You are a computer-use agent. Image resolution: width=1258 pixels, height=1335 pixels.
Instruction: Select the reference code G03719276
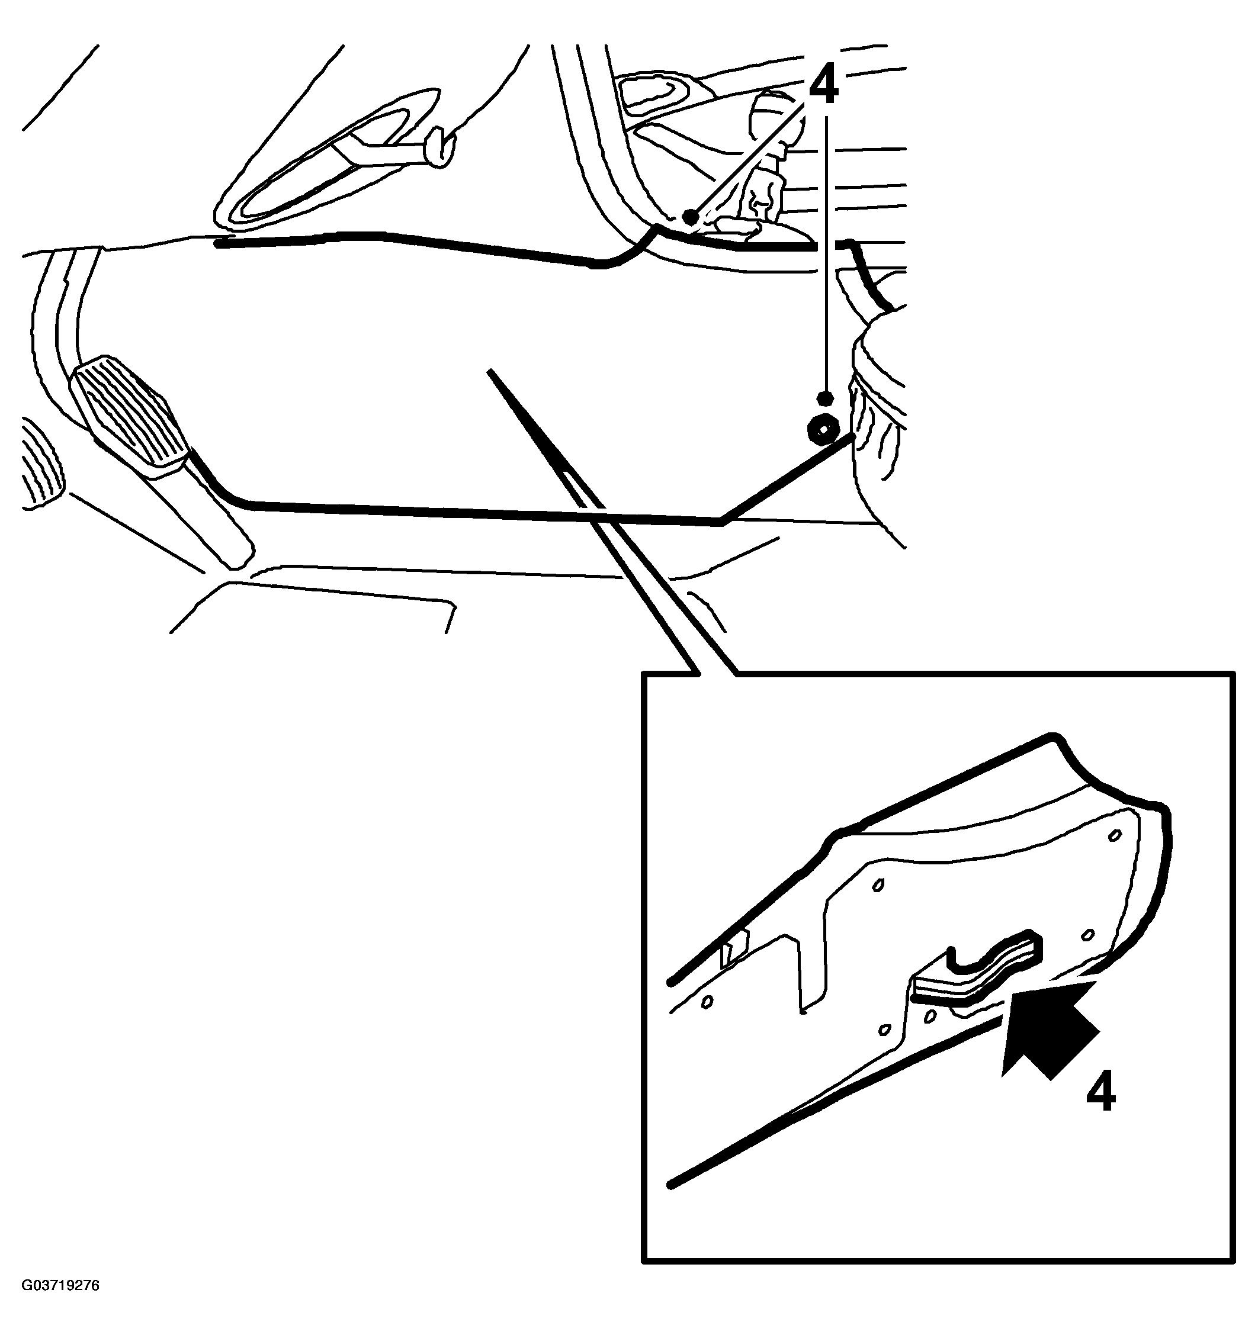60,1285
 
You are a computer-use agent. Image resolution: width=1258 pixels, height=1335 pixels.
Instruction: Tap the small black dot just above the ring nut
825,398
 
